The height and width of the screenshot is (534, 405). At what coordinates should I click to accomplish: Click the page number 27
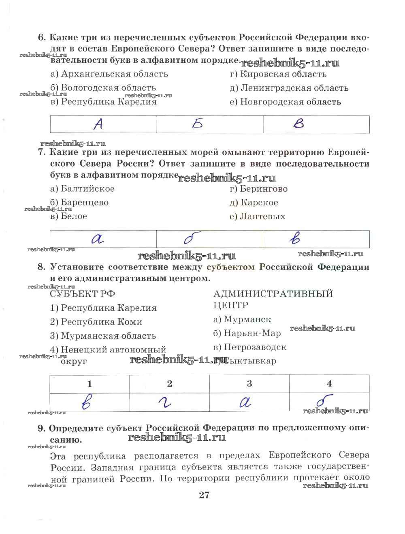[204, 495]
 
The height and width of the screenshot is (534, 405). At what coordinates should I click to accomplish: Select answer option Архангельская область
[109, 74]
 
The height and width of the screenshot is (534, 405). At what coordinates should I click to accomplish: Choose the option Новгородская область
[285, 102]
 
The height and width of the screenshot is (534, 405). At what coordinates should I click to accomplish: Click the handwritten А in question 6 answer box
[98, 124]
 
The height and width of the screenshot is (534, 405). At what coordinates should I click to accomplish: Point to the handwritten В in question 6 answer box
[298, 124]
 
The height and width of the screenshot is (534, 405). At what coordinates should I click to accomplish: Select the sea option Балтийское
[82, 189]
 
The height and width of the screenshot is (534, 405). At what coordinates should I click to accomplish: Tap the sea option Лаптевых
[257, 216]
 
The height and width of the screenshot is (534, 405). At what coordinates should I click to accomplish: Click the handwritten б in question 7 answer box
[189, 239]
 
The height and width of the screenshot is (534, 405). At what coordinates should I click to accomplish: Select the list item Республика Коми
[96, 322]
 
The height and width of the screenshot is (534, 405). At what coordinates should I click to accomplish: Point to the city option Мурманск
[242, 320]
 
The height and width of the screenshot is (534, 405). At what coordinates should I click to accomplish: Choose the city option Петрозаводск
[249, 347]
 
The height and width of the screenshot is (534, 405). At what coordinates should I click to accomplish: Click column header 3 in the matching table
[249, 383]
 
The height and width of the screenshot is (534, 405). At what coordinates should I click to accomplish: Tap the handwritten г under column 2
[165, 402]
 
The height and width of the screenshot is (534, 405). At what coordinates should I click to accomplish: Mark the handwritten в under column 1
[86, 402]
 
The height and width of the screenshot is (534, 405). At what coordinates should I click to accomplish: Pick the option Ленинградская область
[289, 88]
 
